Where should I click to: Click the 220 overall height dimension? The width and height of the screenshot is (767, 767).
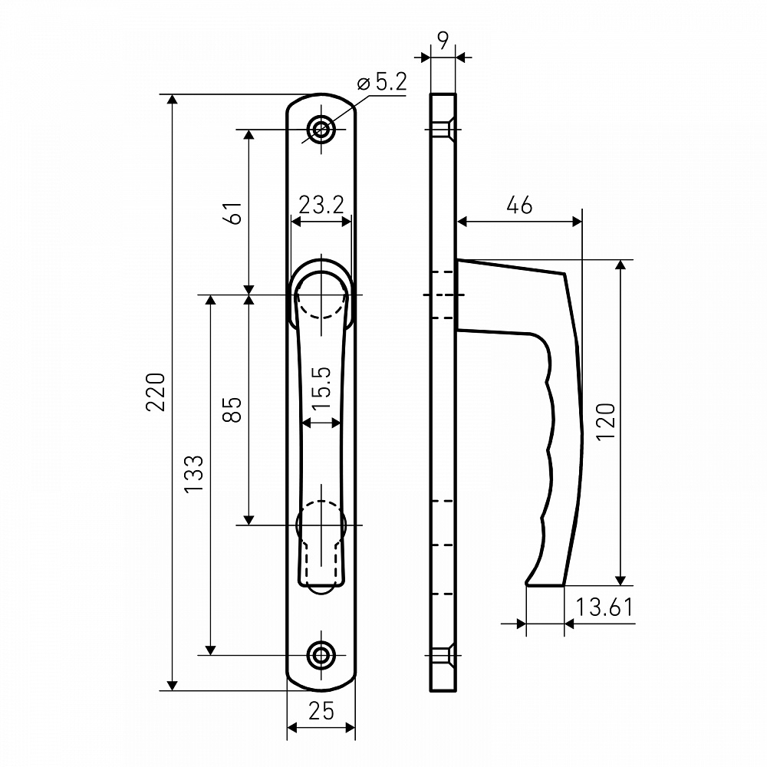coord(156,392)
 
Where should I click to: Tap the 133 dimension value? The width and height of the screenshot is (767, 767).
coord(194,473)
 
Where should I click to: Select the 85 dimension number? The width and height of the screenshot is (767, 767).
coord(232,410)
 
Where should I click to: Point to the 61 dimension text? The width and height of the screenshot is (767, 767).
coord(235,212)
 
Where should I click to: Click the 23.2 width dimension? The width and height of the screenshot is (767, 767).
coord(321,205)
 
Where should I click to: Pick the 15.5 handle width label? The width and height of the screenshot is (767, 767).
coord(321,388)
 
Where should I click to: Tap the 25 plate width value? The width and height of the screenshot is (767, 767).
coord(321,711)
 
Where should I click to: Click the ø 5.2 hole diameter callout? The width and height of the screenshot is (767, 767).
coord(382,82)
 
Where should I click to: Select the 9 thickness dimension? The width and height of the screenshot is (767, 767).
coord(443,41)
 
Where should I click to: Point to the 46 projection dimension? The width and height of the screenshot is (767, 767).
coord(519,205)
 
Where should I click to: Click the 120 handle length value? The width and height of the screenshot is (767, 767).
coord(606,422)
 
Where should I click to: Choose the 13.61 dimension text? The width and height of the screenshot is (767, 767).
coord(604,607)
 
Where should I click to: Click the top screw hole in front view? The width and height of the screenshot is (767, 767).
coord(321,130)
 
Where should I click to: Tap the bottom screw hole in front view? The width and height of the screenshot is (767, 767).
coord(321,655)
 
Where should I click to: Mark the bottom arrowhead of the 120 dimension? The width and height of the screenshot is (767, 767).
coord(621,580)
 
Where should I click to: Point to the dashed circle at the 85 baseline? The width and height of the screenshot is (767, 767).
coord(321,525)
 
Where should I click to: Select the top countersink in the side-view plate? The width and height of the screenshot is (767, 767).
coord(443,130)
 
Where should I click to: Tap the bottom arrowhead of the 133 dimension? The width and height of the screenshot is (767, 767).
coord(210,650)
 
